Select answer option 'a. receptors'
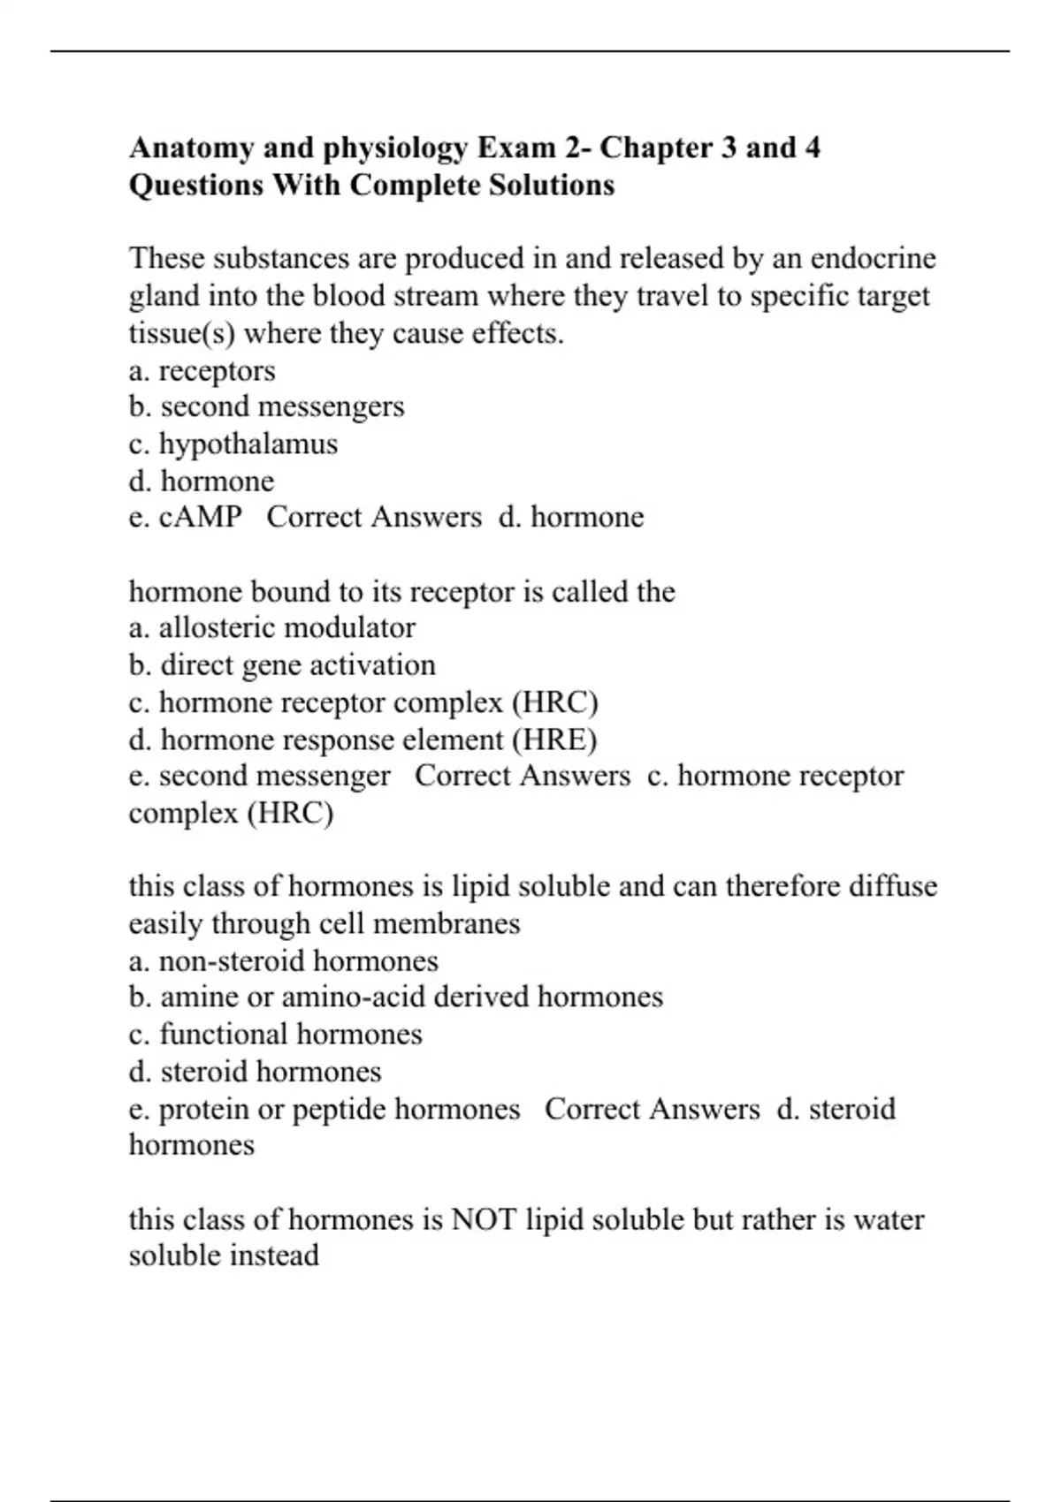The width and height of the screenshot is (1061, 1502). tap(202, 371)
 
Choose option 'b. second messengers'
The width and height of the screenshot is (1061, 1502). tap(266, 406)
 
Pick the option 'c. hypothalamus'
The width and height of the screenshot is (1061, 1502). tap(233, 444)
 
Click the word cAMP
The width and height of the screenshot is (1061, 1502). tap(201, 517)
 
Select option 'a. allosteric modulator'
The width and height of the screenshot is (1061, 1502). tap(271, 627)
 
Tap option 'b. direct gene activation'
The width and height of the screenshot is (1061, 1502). tap(282, 664)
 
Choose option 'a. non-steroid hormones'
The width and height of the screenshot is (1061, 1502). tap(283, 960)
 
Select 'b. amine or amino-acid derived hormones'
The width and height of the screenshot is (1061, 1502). tap(395, 997)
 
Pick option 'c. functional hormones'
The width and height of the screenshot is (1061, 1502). tap(275, 1035)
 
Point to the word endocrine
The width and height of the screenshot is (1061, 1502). tap(873, 259)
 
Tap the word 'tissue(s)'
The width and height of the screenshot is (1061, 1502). tap(181, 334)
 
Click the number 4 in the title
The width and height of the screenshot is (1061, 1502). tap(812, 148)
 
